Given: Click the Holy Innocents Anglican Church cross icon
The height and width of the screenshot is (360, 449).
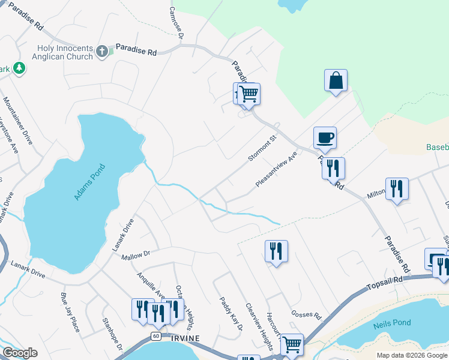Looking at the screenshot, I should (x=102, y=51).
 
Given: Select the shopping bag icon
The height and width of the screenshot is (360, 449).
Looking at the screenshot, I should (x=336, y=81).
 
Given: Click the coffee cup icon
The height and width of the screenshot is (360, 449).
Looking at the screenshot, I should (x=325, y=137).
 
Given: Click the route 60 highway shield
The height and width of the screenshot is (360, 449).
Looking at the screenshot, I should (x=156, y=335).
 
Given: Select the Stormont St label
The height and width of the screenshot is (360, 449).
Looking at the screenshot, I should (x=262, y=148).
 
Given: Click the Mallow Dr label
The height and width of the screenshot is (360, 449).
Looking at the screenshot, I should (x=135, y=256).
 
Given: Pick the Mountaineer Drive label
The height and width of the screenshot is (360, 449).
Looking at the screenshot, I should (x=17, y=121).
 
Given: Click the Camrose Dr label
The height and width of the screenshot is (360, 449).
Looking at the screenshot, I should (x=176, y=22).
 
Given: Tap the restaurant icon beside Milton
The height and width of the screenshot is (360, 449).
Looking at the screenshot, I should (x=397, y=189).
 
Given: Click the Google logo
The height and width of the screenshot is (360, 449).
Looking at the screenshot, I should (x=20, y=353).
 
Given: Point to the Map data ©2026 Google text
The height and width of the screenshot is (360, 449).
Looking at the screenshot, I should (x=412, y=355).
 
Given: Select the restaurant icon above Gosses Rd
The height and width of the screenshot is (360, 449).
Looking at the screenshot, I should (x=276, y=251).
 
